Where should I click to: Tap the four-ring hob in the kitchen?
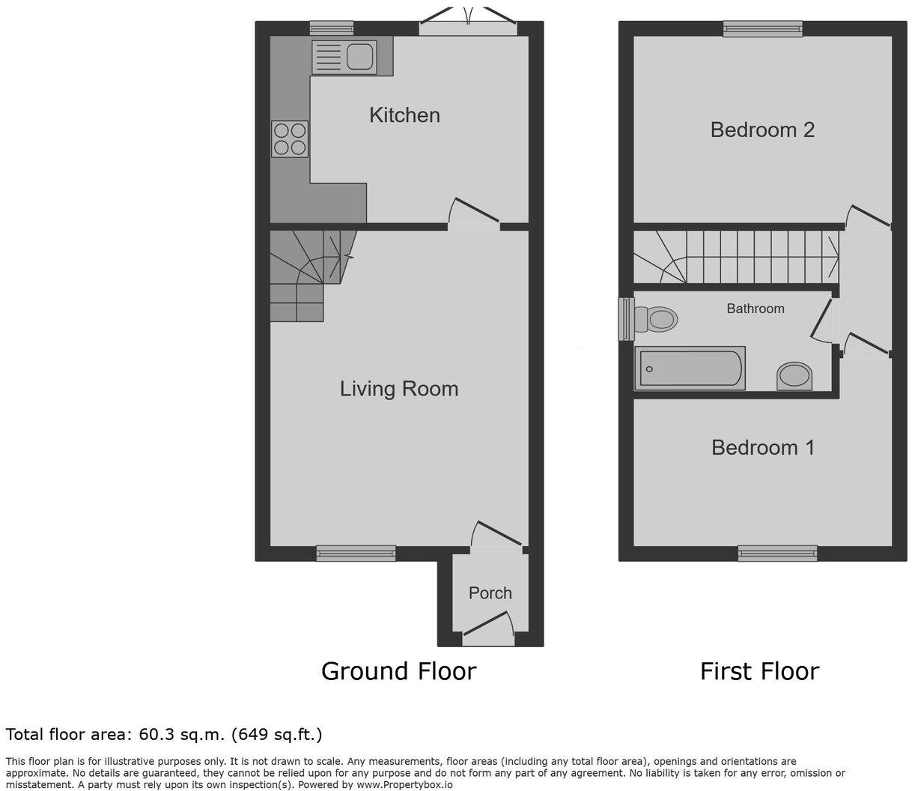point(290,139)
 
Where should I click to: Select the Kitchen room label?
point(404,115)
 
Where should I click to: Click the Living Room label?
point(399,390)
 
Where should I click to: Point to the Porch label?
point(490,593)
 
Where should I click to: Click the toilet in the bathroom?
point(656,318)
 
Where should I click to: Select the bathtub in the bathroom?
point(690,369)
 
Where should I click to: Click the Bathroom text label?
point(756,309)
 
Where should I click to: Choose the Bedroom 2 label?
point(762,130)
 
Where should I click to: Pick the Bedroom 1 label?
point(763,448)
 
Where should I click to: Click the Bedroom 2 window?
point(763,29)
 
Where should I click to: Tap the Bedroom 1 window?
point(778,553)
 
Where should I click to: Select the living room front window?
point(356,553)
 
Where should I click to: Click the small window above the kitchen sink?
point(332,28)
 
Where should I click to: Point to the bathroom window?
point(626,319)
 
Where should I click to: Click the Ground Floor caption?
point(399,671)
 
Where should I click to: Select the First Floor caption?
point(760,671)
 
